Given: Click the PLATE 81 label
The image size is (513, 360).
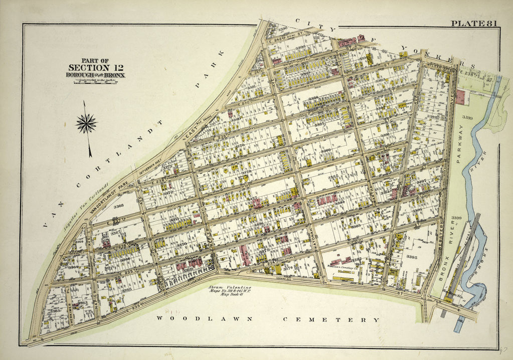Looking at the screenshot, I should pos(473,24).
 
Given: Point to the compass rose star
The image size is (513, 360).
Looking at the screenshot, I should pos(86,123).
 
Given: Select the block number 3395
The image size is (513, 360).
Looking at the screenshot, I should pos(412,257).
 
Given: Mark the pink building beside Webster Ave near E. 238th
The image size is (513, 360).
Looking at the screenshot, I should pos(460,97).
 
